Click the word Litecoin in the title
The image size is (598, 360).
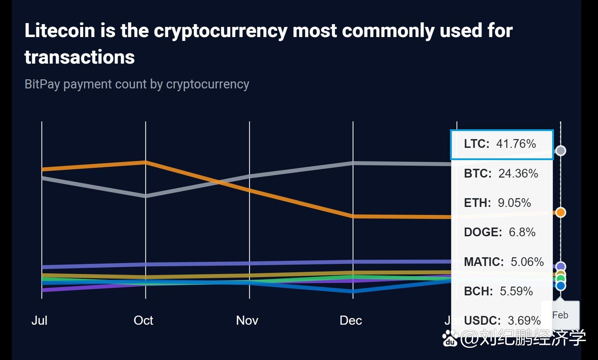(x=60, y=30)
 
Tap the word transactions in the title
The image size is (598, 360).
(x=79, y=57)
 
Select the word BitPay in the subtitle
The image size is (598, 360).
(x=42, y=84)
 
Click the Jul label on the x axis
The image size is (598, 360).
(x=39, y=320)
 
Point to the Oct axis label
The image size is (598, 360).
(x=143, y=320)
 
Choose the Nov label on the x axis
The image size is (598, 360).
(x=247, y=320)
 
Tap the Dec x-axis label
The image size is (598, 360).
(x=351, y=320)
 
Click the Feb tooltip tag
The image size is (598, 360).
(x=560, y=315)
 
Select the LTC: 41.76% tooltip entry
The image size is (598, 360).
(x=500, y=144)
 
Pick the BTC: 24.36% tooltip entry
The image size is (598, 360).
(x=501, y=173)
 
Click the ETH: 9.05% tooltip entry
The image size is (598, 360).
(x=497, y=203)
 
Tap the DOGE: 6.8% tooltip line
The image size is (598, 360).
(x=500, y=232)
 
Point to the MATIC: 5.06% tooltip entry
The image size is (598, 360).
(x=504, y=262)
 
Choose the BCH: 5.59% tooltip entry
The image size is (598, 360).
(x=498, y=291)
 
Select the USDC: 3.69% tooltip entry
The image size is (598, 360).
(x=502, y=321)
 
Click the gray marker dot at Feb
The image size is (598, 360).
(x=561, y=151)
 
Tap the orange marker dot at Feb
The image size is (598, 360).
(x=561, y=212)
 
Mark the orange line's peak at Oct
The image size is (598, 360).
(x=145, y=162)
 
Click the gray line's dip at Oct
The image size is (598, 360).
(x=145, y=196)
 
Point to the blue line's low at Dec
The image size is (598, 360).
(x=353, y=291)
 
